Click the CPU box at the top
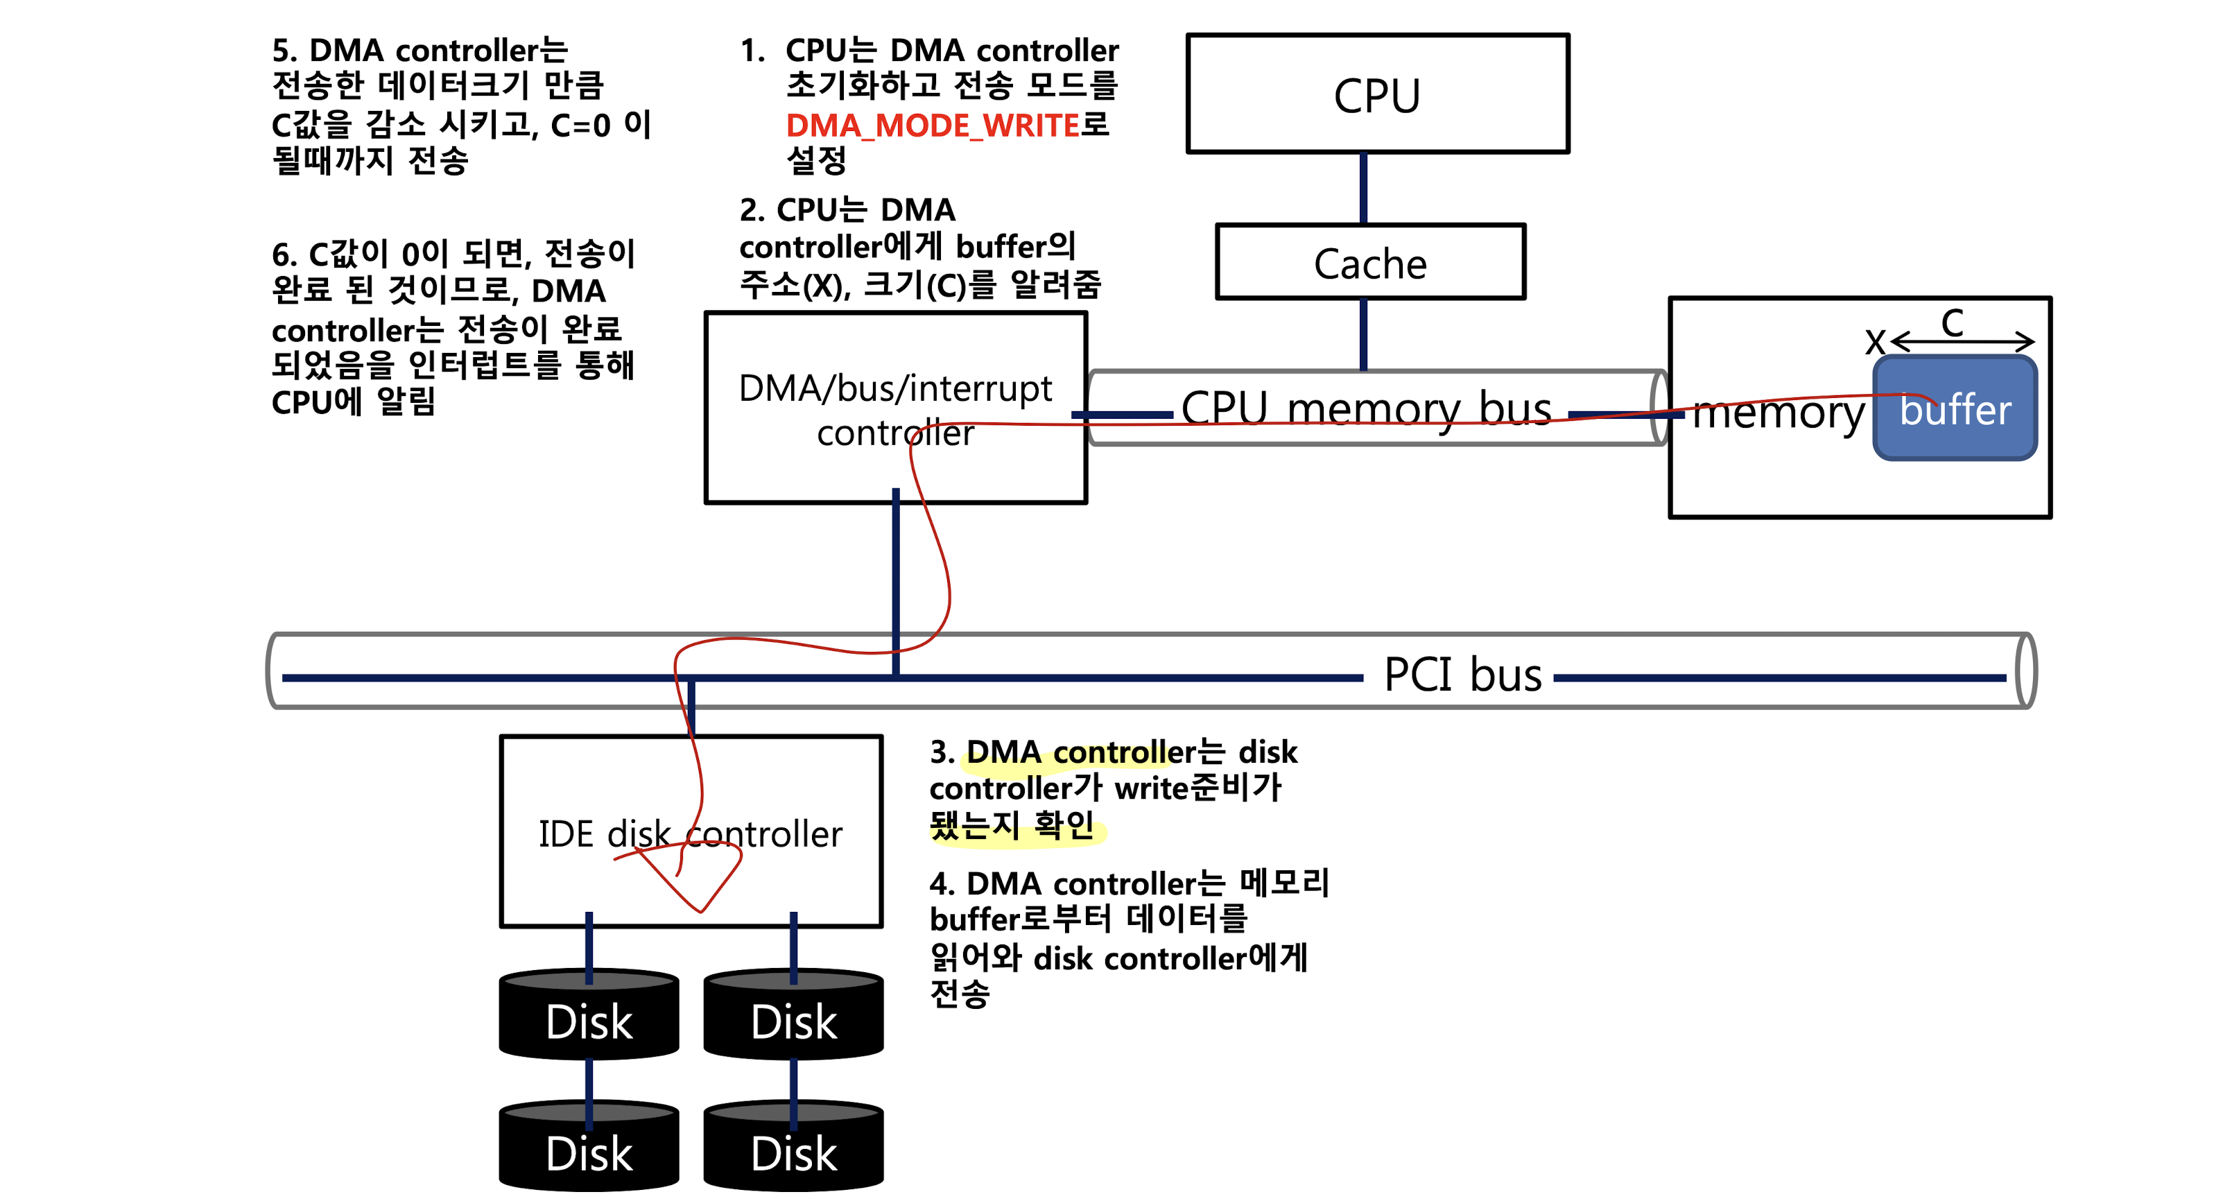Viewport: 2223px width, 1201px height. click(1377, 94)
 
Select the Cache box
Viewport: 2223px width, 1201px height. click(1369, 262)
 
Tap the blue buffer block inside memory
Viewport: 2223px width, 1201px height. click(1955, 409)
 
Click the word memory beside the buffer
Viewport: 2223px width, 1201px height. click(1778, 413)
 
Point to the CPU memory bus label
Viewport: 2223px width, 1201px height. click(1366, 408)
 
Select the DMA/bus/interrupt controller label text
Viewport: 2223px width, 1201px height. click(895, 410)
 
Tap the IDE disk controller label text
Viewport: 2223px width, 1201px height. click(691, 833)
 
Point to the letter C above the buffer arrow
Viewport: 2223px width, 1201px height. click(1952, 324)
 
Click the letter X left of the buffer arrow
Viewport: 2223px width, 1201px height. click(1874, 342)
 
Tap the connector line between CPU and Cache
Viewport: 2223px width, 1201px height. click(1363, 188)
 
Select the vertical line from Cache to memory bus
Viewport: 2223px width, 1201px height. click(1363, 335)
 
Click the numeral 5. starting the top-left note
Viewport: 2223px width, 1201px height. click(285, 51)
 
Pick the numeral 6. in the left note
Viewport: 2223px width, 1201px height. click(285, 255)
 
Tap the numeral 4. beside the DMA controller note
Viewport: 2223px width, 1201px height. click(942, 883)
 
